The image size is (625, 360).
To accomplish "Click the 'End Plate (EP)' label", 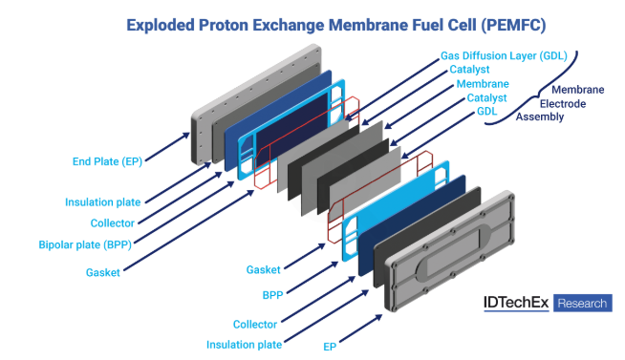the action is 107,161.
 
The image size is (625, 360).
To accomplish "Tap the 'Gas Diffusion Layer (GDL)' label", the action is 504,55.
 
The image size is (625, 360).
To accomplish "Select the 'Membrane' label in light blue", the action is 483,84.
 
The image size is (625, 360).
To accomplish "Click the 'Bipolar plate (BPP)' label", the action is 85,244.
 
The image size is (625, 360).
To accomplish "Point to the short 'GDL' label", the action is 487,111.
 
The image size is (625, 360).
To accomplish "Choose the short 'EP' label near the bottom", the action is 330,347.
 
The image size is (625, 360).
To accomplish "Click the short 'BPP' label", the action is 272,295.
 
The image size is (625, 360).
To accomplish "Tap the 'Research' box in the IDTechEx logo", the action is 582,303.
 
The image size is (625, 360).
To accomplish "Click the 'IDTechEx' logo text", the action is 516,303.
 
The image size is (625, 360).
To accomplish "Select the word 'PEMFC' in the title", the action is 513,25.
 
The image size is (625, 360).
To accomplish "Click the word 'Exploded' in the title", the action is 161,25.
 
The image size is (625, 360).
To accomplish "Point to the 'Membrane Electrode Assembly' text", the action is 560,103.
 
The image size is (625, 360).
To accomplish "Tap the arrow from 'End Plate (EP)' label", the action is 167,147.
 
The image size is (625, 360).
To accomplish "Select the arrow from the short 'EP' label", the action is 360,328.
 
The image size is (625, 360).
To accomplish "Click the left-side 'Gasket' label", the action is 103,272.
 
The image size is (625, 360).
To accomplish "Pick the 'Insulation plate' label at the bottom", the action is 244,345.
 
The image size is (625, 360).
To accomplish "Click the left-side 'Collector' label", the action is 113,223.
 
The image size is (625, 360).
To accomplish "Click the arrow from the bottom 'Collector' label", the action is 318,300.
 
